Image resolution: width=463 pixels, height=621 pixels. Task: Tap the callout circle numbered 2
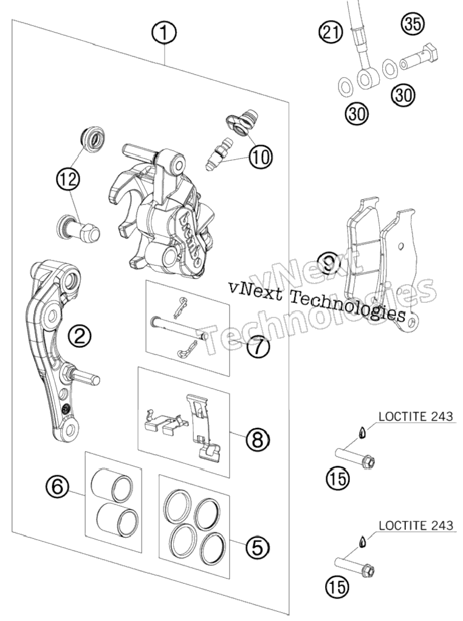[x=79, y=336]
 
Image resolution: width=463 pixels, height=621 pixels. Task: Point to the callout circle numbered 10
[x=261, y=156]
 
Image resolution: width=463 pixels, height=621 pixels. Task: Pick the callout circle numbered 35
[x=412, y=24]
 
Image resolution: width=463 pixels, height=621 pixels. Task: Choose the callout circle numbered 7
[x=257, y=347]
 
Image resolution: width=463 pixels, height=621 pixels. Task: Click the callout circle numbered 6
[x=58, y=486]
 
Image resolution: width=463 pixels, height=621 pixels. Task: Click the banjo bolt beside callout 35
[x=419, y=57]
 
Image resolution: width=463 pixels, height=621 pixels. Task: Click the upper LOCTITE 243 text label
[x=416, y=416]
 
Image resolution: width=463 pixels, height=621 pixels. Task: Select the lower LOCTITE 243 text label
[x=416, y=525]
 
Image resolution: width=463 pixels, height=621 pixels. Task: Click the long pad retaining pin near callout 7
[x=178, y=328]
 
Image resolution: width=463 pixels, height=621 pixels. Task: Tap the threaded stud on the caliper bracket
[x=81, y=375]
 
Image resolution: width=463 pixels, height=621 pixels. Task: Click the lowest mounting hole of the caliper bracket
[x=70, y=429]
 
